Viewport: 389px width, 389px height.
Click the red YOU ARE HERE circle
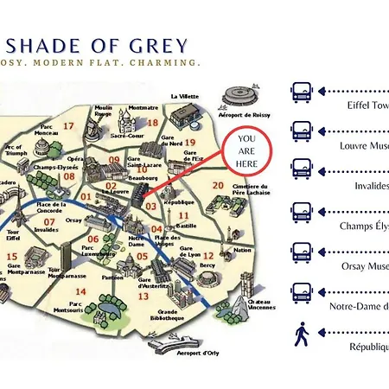click(x=246, y=150)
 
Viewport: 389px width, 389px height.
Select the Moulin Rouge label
click(x=103, y=112)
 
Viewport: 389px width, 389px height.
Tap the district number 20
click(x=219, y=185)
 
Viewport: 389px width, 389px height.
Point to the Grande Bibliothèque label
click(x=169, y=315)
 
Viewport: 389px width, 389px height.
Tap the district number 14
click(x=80, y=316)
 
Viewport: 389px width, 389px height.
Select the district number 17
click(x=67, y=126)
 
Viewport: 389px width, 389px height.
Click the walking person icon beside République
click(x=301, y=335)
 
